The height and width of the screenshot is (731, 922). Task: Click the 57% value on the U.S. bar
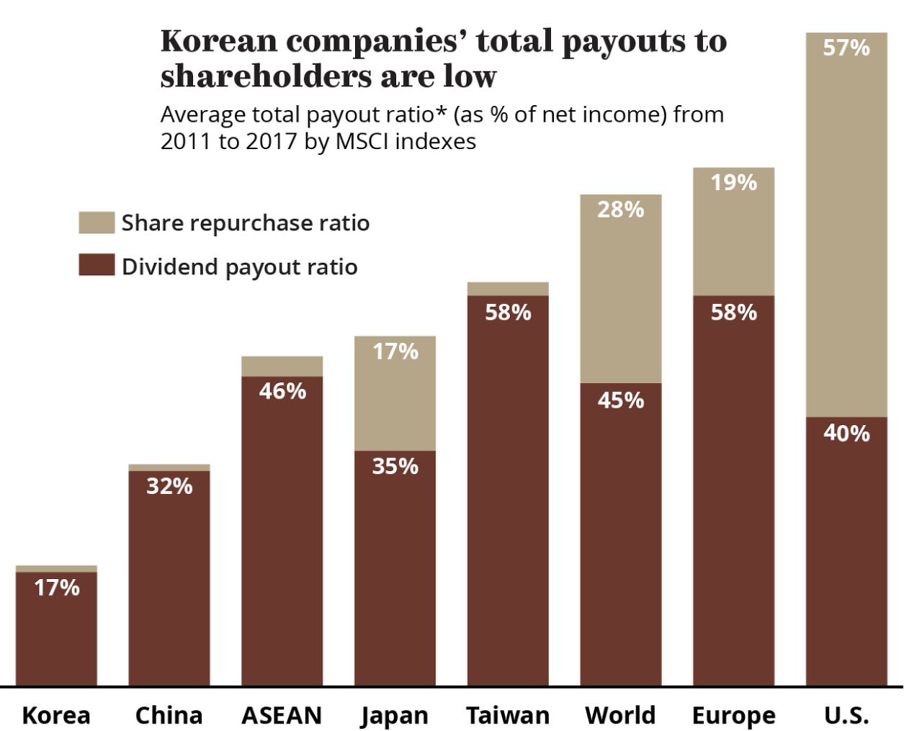click(846, 48)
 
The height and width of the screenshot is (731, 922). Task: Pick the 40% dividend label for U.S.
click(846, 433)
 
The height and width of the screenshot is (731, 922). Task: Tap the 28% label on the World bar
click(621, 210)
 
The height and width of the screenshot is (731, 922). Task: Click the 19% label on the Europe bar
click(734, 182)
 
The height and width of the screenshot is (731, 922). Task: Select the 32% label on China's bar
click(169, 486)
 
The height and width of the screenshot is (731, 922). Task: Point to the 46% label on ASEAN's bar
click(282, 391)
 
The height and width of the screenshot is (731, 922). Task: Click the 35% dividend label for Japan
click(395, 466)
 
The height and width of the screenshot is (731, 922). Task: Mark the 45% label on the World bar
click(621, 400)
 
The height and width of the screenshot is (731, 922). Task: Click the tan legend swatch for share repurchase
click(97, 223)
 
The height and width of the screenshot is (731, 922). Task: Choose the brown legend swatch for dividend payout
click(97, 264)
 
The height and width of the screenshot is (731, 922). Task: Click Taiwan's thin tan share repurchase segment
click(508, 289)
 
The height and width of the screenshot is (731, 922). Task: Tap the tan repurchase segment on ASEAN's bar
click(282, 367)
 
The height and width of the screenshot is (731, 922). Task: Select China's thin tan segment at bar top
click(169, 467)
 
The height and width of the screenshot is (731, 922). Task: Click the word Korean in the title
click(219, 42)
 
